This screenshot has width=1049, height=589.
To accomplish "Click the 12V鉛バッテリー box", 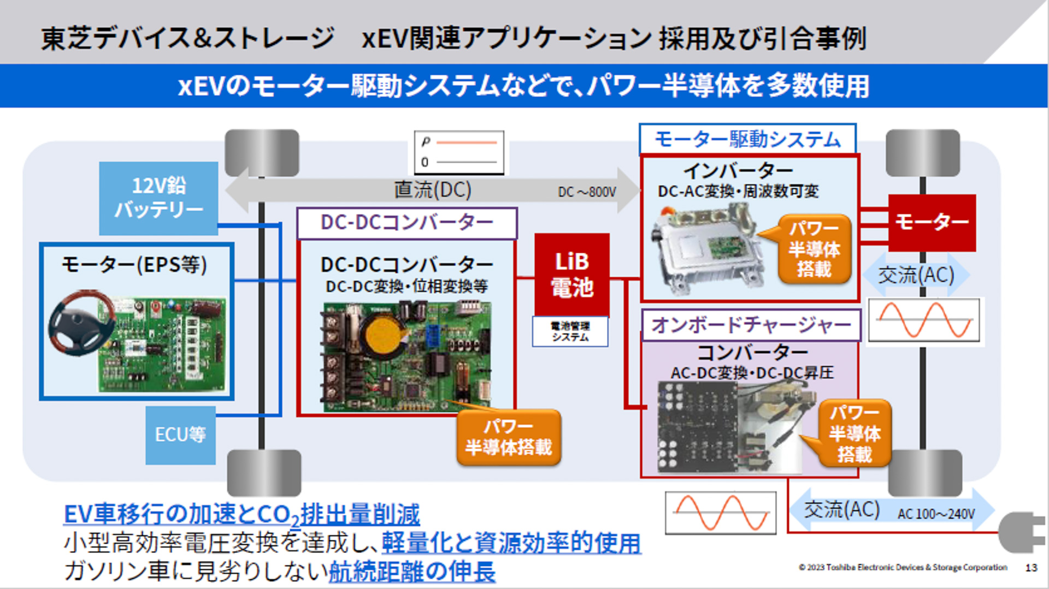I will [158, 198].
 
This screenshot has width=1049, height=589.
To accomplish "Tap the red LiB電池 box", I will [571, 275].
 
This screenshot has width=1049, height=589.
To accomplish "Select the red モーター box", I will [932, 222].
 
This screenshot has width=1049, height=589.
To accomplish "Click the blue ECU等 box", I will [180, 435].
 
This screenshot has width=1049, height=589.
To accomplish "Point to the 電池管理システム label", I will [570, 331].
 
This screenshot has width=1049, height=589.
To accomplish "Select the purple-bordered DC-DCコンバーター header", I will [406, 223].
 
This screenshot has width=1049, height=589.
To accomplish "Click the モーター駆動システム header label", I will [747, 140].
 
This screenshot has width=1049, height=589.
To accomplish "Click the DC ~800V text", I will [587, 192].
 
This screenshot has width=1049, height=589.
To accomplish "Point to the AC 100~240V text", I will [936, 514].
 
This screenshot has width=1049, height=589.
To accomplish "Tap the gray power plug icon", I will [1022, 532].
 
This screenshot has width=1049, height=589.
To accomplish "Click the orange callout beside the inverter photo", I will [814, 249].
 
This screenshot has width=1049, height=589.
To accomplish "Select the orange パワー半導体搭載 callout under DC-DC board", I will [508, 438].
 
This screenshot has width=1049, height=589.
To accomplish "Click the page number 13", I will [1031, 568].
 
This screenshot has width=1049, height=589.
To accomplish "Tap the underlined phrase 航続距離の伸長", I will [412, 572].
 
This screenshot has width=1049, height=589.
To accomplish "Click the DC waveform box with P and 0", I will [459, 152].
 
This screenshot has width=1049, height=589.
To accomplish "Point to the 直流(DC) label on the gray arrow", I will [432, 190].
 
